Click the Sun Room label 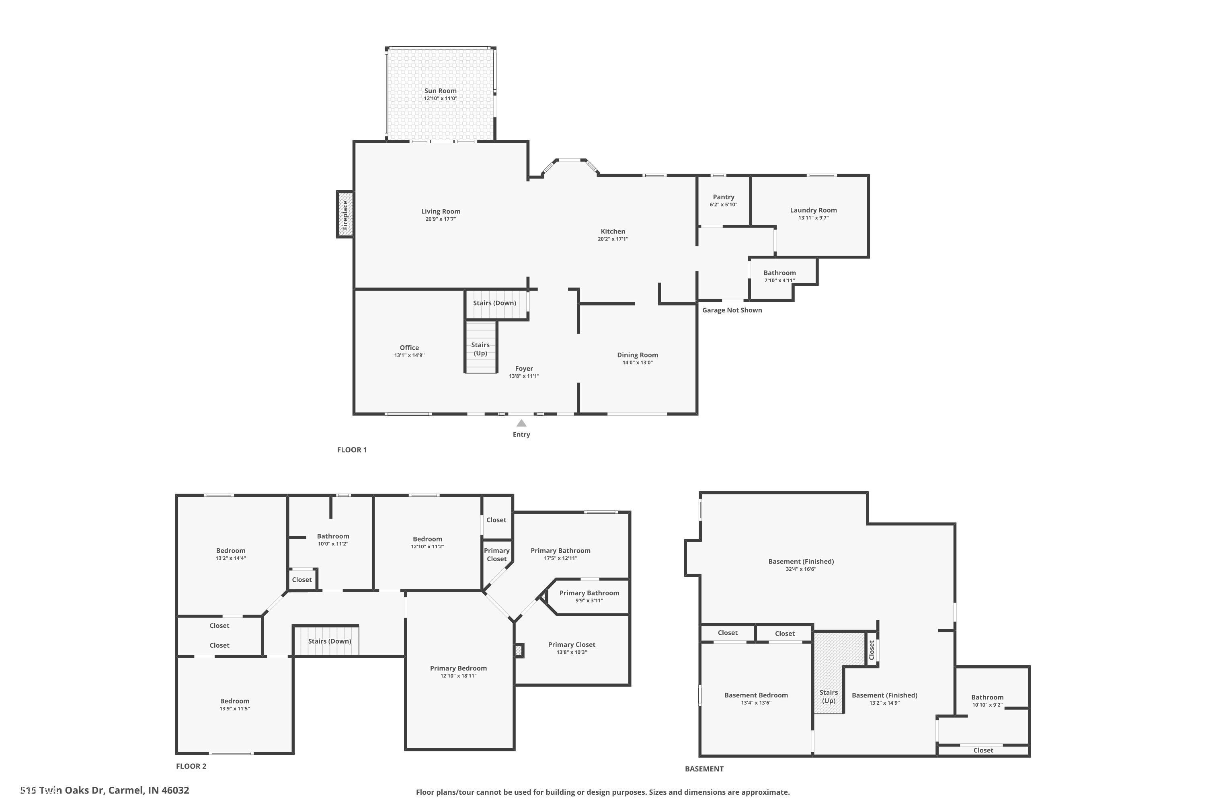tap(440, 91)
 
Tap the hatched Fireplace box tap(345, 214)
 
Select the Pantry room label tap(723, 197)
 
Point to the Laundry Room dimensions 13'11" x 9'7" tap(813, 218)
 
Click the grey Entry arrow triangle tap(521, 423)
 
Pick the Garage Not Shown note tap(732, 310)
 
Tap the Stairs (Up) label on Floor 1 tap(480, 349)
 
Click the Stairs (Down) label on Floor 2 tap(329, 641)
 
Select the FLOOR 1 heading tap(352, 450)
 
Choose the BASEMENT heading tap(704, 769)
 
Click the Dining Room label tap(637, 355)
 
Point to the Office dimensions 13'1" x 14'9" tap(409, 355)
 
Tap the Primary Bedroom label tap(458, 668)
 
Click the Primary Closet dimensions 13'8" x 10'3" tap(571, 652)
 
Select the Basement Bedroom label tap(756, 695)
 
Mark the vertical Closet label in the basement tap(871, 650)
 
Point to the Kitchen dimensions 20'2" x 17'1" tap(613, 239)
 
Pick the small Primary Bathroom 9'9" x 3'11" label tap(589, 593)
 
